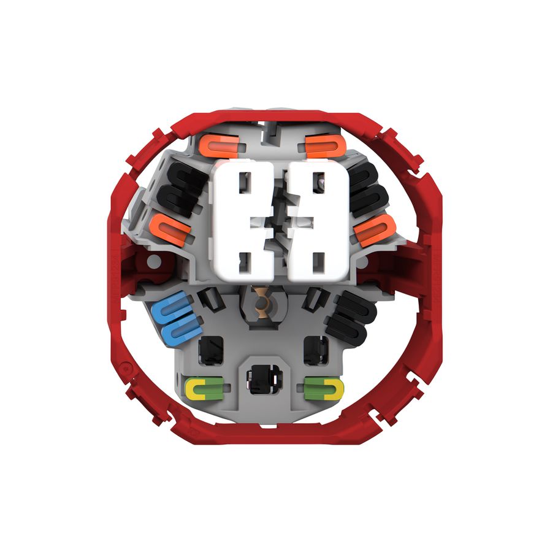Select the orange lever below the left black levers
click(170, 231)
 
